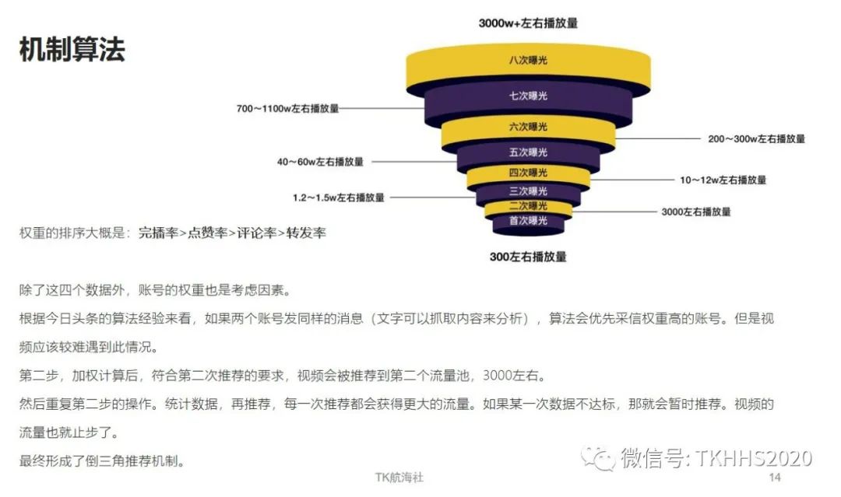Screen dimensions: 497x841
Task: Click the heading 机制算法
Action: pyautogui.click(x=72, y=50)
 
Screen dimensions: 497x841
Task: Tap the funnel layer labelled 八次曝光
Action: pyautogui.click(x=528, y=60)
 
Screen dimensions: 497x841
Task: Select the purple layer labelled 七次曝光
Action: pyautogui.click(x=528, y=96)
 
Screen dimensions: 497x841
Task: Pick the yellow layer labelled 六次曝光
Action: pyautogui.click(x=528, y=127)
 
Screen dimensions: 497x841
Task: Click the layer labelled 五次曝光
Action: pyautogui.click(x=528, y=152)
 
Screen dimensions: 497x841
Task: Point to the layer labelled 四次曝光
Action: pyautogui.click(x=528, y=173)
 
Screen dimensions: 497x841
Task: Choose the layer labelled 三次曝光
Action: pyautogui.click(x=528, y=191)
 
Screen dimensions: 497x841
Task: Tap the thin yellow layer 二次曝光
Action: pyautogui.click(x=528, y=206)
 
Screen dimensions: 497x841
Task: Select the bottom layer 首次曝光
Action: pyautogui.click(x=528, y=221)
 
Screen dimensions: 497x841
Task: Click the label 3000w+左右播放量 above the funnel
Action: pyautogui.click(x=528, y=23)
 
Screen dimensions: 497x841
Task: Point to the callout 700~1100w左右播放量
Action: pyautogui.click(x=287, y=109)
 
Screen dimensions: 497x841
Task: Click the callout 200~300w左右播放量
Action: pyautogui.click(x=755, y=139)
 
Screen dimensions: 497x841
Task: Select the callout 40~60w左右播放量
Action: pyautogui.click(x=320, y=163)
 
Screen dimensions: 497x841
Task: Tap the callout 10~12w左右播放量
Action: pyautogui.click(x=723, y=180)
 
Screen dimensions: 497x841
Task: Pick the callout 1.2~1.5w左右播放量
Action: pyautogui.click(x=339, y=198)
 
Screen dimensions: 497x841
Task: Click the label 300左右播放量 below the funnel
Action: pyautogui.click(x=528, y=257)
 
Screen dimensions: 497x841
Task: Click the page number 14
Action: pyautogui.click(x=775, y=477)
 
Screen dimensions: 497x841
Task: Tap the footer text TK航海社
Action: pyautogui.click(x=399, y=478)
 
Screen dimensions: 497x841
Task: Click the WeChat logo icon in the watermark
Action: pyautogui.click(x=600, y=457)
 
